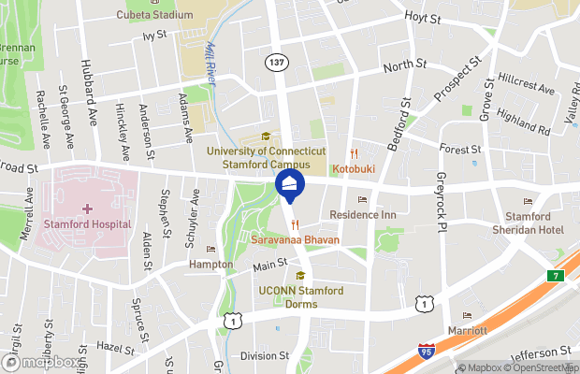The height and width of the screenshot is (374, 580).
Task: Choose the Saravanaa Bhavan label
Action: (x=295, y=240)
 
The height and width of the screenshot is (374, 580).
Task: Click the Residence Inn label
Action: (x=363, y=215)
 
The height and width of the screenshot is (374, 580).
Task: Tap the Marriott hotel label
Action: (x=467, y=330)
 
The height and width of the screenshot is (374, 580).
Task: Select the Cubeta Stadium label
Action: (x=154, y=15)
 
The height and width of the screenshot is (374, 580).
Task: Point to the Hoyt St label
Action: (x=428, y=17)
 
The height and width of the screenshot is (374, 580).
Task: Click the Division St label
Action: (x=264, y=355)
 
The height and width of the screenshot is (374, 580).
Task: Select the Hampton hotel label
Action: (x=210, y=265)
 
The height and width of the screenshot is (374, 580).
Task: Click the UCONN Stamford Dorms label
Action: (x=300, y=296)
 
